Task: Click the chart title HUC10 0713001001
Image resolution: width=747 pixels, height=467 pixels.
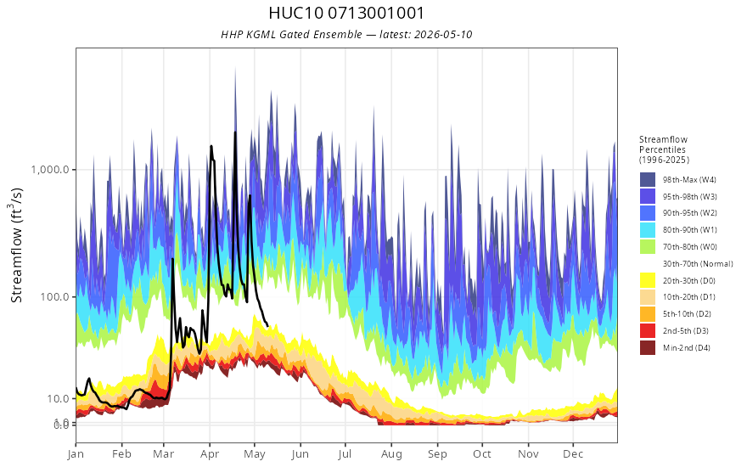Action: point(345,13)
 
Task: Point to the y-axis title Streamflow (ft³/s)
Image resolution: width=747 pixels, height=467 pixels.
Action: point(17,245)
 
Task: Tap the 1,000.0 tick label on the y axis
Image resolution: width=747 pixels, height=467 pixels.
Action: point(50,170)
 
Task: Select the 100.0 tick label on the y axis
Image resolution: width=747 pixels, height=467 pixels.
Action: point(55,297)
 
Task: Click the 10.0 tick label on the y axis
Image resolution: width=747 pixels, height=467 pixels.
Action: point(58,398)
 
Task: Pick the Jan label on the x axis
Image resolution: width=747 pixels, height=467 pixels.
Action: point(76,454)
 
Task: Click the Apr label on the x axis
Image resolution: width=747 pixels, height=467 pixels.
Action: point(210,454)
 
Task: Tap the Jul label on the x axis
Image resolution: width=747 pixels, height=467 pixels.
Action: point(345,454)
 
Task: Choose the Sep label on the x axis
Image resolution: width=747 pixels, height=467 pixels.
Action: point(437,454)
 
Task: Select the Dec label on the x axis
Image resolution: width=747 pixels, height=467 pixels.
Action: point(573,454)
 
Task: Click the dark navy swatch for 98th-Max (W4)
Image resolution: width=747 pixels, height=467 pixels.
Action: point(648,180)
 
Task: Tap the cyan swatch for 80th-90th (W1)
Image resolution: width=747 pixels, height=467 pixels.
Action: point(648,230)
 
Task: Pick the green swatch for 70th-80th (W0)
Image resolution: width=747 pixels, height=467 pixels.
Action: point(648,247)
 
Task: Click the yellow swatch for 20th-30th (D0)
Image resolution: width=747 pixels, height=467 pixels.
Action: point(648,281)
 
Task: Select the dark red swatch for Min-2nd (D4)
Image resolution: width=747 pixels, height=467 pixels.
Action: point(648,348)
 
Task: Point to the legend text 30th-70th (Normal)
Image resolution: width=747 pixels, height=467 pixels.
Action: point(698,264)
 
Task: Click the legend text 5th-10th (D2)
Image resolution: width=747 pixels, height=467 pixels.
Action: point(687,314)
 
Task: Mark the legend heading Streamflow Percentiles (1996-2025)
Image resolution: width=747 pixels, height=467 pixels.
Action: point(664,149)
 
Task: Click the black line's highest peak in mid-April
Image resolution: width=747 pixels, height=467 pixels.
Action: point(235,132)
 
